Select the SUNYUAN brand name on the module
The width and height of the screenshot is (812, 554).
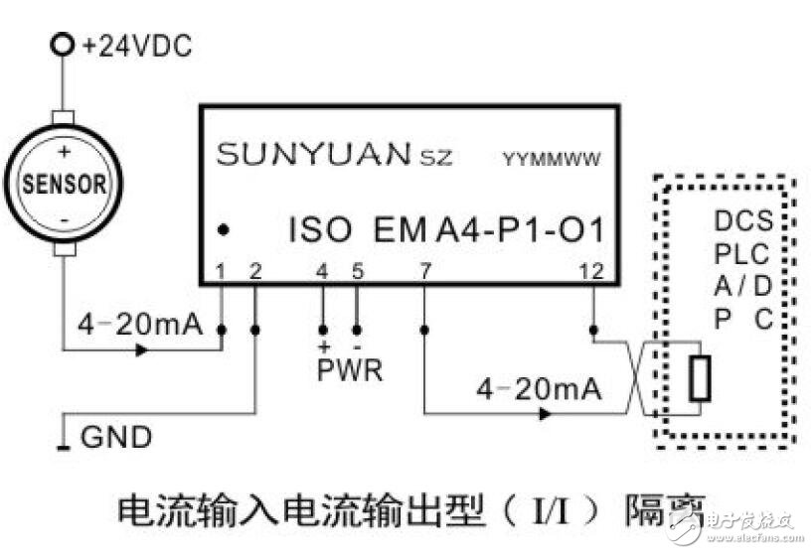pos(312,155)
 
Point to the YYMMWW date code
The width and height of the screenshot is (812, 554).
pos(553,159)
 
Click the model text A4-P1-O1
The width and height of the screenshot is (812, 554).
pos(520,230)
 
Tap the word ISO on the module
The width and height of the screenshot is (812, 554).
pos(320,230)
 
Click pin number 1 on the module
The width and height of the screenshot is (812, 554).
pos(222,269)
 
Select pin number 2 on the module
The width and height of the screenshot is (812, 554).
pos(255,269)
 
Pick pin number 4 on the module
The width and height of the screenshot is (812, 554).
pos(321,269)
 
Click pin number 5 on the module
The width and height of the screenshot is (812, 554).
pos(358,269)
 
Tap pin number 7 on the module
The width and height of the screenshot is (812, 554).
pos(424,269)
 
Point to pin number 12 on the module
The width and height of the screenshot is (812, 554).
pos(593,269)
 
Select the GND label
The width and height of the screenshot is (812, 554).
pos(116,437)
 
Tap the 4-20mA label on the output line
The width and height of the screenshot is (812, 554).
pos(539,389)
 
